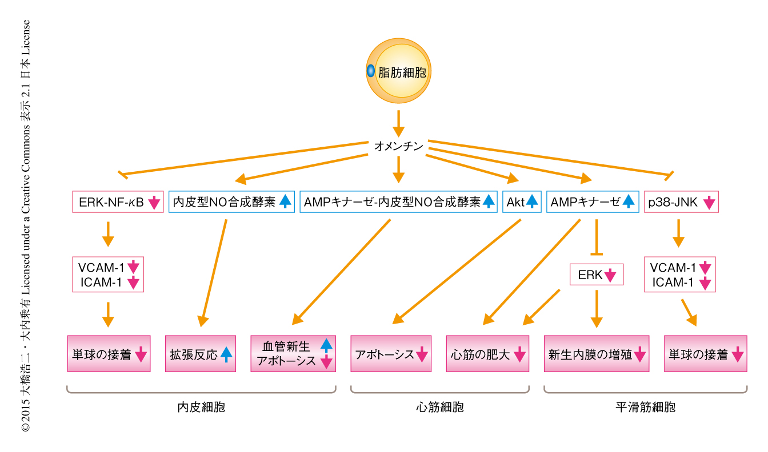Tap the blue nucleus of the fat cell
(370, 71)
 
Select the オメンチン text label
(398, 147)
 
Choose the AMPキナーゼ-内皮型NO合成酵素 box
(399, 202)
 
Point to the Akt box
(522, 202)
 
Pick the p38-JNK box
(681, 202)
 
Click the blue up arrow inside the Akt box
(531, 201)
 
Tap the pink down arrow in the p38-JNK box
(709, 202)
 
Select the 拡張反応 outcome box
(201, 354)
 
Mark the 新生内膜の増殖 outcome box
(596, 354)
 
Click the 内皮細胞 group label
(201, 407)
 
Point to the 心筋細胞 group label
(440, 407)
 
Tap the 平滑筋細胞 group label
(645, 407)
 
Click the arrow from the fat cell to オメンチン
(398, 121)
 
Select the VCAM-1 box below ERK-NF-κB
(108, 267)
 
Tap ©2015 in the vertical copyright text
(26, 420)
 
